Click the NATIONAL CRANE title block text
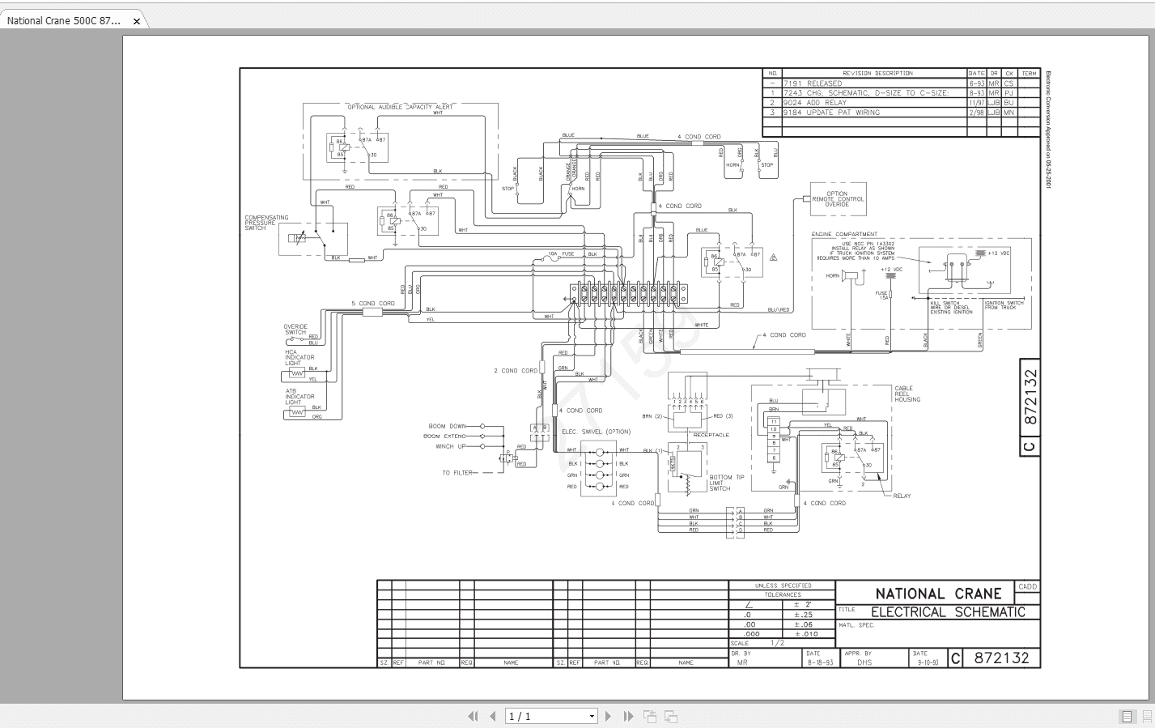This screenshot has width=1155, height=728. pos(937,594)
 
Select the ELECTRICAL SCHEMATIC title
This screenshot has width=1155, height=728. pos(948,612)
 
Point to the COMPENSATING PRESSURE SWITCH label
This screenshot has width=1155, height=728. pos(266,223)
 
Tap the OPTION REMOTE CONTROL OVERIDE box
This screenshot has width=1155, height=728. pos(837,199)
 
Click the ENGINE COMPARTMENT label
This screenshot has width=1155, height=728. pos(843,235)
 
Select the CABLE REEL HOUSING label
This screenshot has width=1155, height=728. pos(907,394)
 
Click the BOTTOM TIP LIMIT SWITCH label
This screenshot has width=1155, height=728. pos(725,483)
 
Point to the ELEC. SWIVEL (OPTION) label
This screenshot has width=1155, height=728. pos(596,432)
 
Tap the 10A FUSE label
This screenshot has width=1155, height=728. pos(562,254)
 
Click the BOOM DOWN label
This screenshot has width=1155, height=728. pos(447,426)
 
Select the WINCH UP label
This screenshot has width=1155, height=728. pos(450,446)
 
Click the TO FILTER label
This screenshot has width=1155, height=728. pos(457,472)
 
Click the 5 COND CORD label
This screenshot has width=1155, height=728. pos(372,304)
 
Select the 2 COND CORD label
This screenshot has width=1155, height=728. pos(515,371)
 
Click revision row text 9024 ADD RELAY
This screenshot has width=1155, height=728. pos(814,103)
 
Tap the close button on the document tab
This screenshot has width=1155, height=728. pos(137,21)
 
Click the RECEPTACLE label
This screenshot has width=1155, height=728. pos(711,435)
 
